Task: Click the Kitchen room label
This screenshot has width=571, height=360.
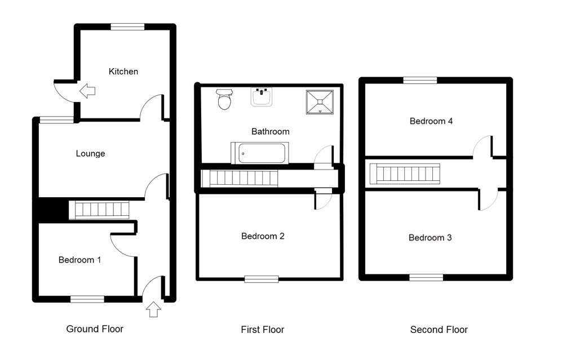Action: point(123,72)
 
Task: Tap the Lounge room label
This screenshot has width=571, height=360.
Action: point(90,153)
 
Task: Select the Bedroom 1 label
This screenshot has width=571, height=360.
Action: point(80,260)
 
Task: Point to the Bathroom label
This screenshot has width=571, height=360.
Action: point(270,131)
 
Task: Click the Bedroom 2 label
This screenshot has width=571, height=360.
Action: point(263,236)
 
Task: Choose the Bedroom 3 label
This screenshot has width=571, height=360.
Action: point(430,238)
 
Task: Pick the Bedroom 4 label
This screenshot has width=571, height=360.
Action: point(431,121)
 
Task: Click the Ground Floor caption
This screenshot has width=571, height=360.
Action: point(95,329)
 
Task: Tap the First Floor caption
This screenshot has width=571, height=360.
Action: point(262,330)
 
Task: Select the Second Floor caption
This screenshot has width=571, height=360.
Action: point(439,330)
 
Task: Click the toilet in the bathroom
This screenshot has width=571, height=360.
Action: point(224,100)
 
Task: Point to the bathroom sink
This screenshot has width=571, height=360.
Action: point(262,97)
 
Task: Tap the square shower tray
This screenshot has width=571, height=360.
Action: point(320,101)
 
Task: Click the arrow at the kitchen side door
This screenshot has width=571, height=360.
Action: point(87,90)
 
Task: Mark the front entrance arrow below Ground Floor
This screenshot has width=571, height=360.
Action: point(153,309)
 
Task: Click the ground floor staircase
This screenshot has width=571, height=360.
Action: point(100,210)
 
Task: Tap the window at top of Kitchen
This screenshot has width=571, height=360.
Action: point(127,26)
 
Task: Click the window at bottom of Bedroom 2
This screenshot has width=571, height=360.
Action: point(261,278)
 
